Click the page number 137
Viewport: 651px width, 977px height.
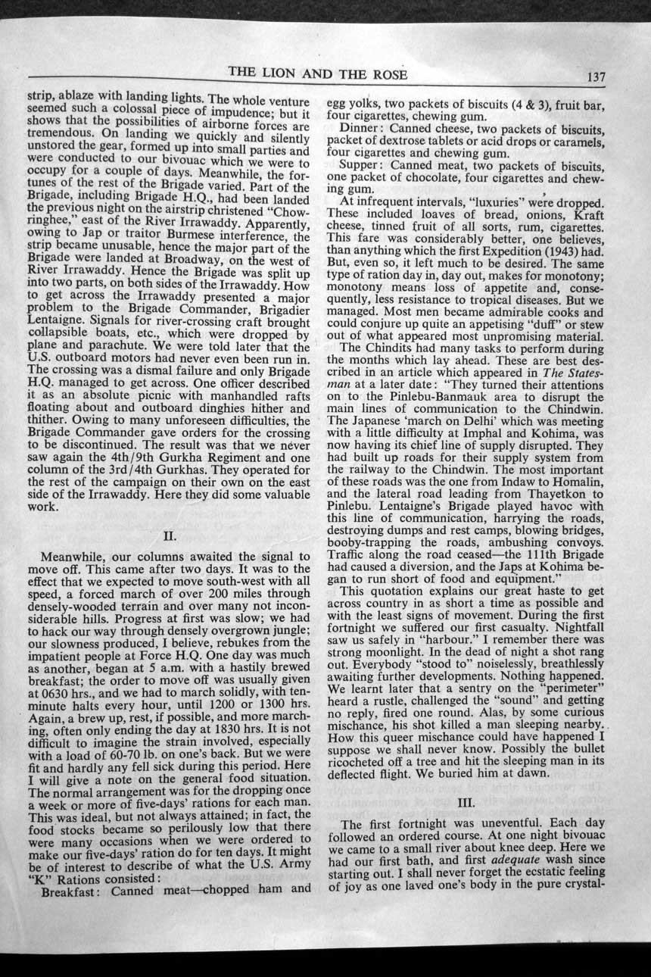[x=596, y=77]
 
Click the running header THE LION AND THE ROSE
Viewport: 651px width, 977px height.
[x=318, y=73]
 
